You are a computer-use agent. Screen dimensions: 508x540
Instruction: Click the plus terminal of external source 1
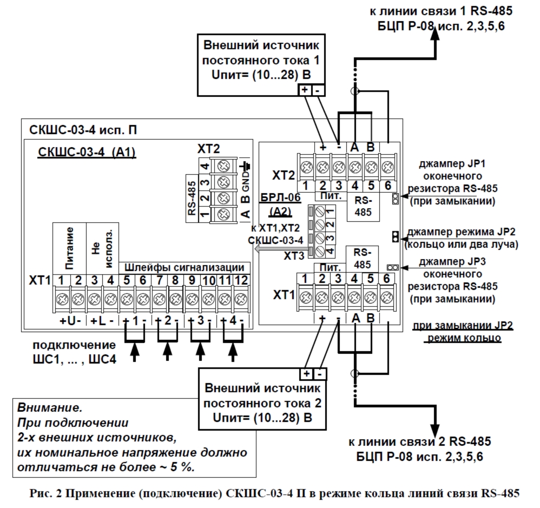(304, 90)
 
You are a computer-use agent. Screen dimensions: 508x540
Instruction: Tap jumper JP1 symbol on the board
(396, 199)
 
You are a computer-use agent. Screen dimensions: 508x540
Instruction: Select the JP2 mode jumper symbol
(396, 236)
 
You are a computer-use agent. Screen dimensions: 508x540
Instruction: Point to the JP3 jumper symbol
(393, 267)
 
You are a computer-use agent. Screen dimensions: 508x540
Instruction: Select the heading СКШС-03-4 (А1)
(87, 153)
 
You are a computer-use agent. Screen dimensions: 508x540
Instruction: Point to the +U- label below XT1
(70, 321)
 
